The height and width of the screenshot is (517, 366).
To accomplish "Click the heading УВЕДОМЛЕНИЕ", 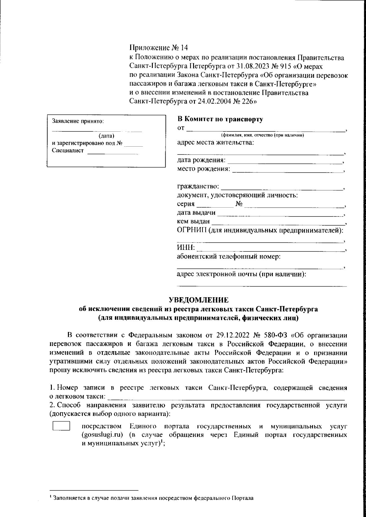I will [199, 300].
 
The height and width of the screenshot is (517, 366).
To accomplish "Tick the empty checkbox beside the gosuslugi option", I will [61, 426].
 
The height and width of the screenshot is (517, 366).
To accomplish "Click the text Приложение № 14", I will [159, 48].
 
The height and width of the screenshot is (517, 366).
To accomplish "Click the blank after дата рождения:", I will [285, 162].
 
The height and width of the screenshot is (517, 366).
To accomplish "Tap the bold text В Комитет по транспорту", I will [220, 119].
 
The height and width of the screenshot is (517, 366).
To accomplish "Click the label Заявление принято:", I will [78, 121].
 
